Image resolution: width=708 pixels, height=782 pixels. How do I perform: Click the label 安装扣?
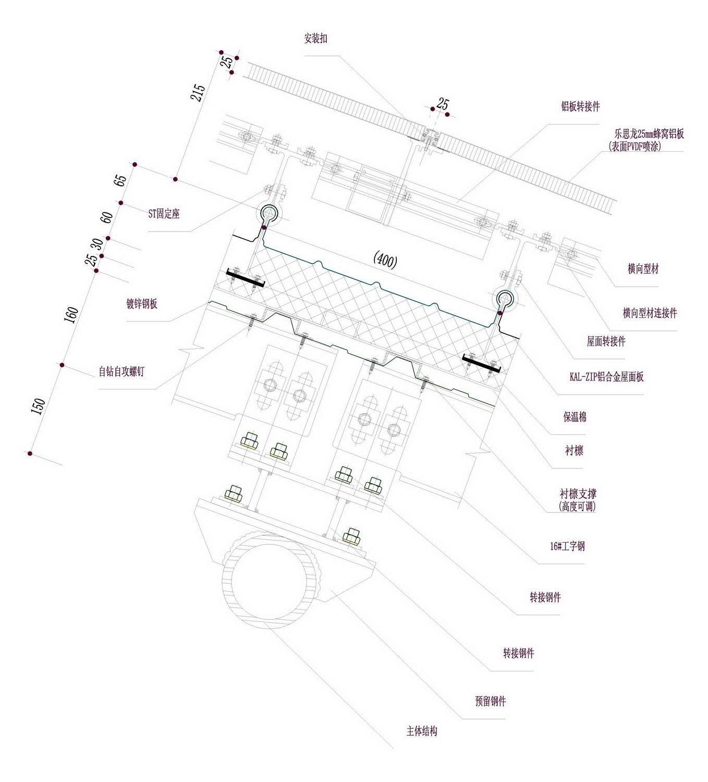[x=315, y=39]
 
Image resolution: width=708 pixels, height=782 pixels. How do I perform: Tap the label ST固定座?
[x=164, y=214]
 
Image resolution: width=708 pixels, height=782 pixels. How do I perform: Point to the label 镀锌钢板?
[x=142, y=304]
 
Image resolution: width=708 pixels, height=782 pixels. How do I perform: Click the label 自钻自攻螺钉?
[x=125, y=372]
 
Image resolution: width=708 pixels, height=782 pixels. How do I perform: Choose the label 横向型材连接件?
[x=650, y=313]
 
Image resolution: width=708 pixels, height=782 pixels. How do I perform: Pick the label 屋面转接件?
[x=606, y=342]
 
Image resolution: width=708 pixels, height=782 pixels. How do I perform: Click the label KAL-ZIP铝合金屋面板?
[x=606, y=376]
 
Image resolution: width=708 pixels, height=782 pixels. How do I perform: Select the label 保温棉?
[x=575, y=417]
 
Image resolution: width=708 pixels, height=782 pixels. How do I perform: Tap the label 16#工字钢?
[x=567, y=546]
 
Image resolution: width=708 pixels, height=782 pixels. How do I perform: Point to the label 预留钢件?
[x=490, y=701]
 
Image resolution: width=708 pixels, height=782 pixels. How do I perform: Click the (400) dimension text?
[x=385, y=261]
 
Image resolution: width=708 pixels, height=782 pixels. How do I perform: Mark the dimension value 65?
[x=120, y=180]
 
